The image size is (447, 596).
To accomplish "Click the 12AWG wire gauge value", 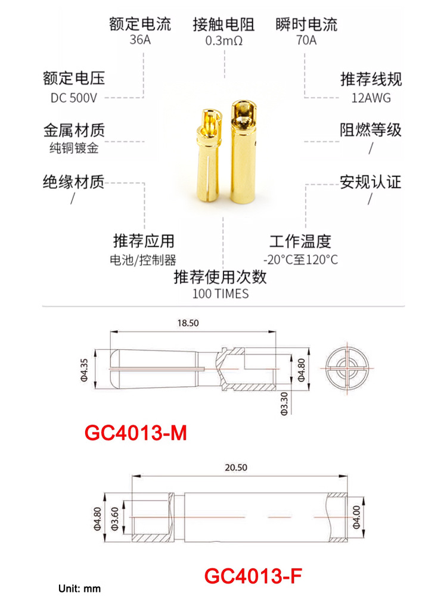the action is pos(371,97).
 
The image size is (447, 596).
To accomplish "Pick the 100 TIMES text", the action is pos(221,293).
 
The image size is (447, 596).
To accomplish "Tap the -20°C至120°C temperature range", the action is pos(300,259).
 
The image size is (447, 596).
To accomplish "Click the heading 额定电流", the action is pos(140,24).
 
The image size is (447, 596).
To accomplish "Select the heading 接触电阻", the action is pos(223,24).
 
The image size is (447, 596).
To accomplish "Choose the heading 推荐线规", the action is pos(371,79).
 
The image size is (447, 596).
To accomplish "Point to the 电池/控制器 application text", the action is pos(144,259).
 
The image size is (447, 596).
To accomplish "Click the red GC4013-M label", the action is pos(136,433).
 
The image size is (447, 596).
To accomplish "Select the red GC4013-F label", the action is pos(253,576).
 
